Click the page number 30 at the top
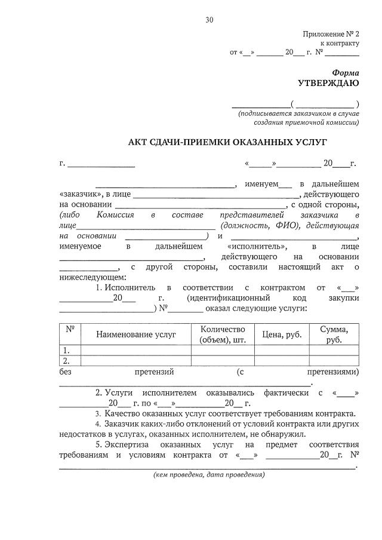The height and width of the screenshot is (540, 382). [210, 20]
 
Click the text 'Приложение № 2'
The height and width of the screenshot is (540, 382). [331, 35]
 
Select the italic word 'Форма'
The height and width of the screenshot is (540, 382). [346, 71]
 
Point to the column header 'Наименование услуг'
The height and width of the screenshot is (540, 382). [136, 335]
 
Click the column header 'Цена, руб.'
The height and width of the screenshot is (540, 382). [282, 335]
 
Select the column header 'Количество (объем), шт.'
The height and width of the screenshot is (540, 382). [223, 335]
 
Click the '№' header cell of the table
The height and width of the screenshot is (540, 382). [70, 329]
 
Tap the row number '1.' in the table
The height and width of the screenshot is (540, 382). [66, 350]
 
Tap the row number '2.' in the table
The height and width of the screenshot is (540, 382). [66, 361]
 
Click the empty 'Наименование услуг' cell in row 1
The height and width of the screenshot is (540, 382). [136, 350]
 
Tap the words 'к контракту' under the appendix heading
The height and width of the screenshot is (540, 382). [340, 44]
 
